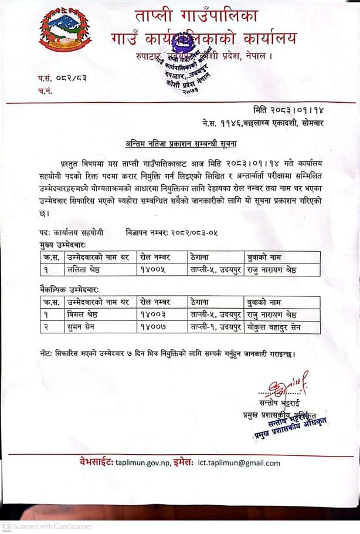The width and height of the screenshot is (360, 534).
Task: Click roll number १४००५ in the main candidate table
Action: pyautogui.click(x=154, y=270)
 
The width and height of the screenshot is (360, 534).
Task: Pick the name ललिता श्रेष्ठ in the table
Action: pyautogui.click(x=84, y=270)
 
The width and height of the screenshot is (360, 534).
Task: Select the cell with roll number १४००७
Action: pyautogui.click(x=154, y=327)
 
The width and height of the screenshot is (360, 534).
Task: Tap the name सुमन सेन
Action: pyautogui.click(x=82, y=327)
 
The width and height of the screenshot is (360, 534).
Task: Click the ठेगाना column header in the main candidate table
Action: pyautogui.click(x=202, y=257)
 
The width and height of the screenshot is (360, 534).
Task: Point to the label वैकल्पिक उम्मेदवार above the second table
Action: pyautogui.click(x=69, y=290)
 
